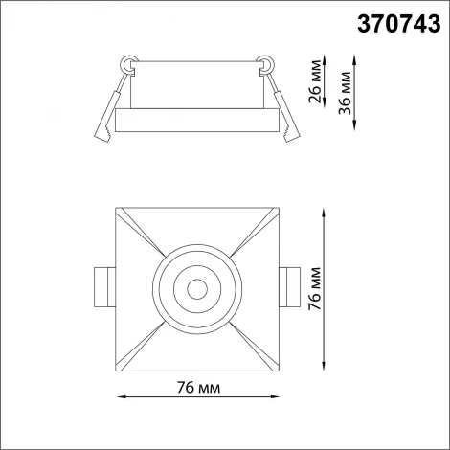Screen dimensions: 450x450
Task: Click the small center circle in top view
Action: [x=198, y=286]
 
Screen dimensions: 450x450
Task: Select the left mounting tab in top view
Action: [x=103, y=286]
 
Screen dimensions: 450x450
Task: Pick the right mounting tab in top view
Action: [x=291, y=286]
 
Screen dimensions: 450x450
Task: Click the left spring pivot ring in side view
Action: [x=126, y=64]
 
